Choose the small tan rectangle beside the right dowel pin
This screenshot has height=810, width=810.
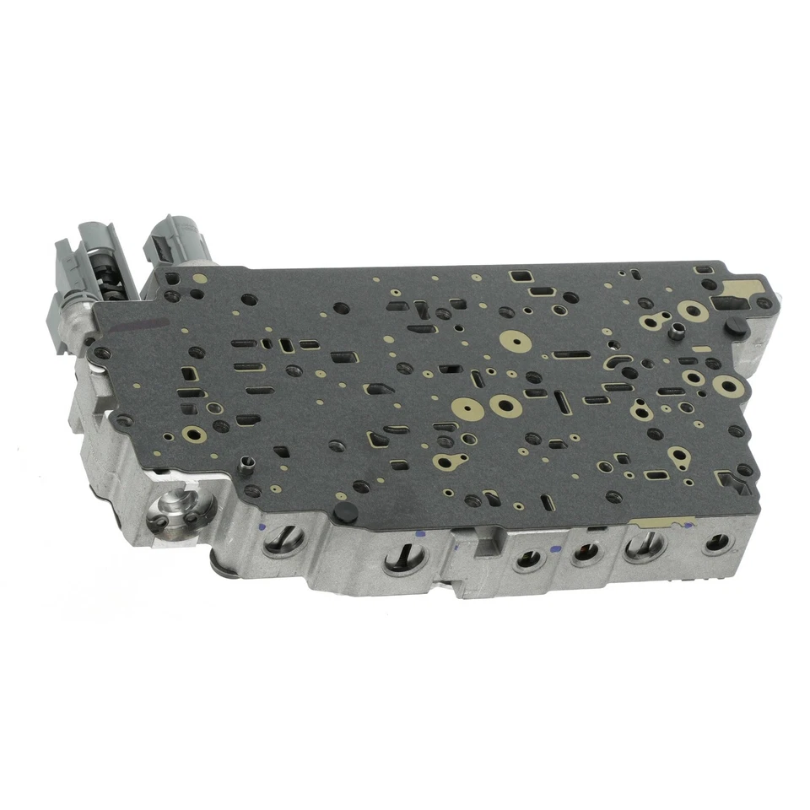point(699,348)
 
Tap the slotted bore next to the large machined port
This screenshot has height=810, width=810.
point(278,539)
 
